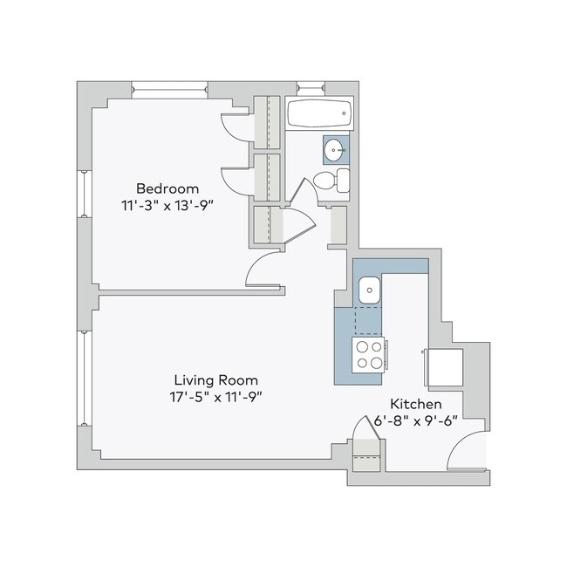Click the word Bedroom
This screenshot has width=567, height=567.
167,188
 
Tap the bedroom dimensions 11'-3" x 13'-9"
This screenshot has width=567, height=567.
167,205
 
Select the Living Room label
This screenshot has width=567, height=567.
215,380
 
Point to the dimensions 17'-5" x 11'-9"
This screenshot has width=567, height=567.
215,397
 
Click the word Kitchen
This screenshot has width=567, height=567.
415,405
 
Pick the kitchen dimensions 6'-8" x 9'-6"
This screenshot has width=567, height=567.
415,421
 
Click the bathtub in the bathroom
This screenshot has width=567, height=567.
319,113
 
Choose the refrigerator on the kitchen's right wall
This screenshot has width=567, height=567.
443,367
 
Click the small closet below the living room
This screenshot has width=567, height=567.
365,454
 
